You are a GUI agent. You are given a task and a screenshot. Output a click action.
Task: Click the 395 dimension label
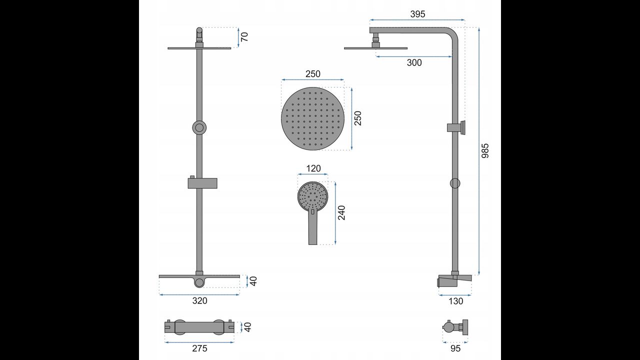point(417,14)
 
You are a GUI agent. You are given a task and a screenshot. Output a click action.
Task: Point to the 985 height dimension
point(485,150)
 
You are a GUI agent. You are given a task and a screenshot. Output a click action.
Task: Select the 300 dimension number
point(414,62)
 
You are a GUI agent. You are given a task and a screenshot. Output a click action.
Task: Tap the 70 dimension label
point(244,37)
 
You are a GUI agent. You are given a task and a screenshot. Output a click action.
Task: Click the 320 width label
point(199,300)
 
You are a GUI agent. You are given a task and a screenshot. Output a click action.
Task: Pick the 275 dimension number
point(199,348)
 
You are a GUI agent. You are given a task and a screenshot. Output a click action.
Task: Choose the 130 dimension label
point(455,301)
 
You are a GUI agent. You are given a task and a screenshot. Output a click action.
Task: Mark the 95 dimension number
point(455,348)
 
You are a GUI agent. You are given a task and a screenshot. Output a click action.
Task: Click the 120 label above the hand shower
point(313,168)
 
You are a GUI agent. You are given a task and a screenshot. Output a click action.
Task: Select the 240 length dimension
point(341,213)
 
